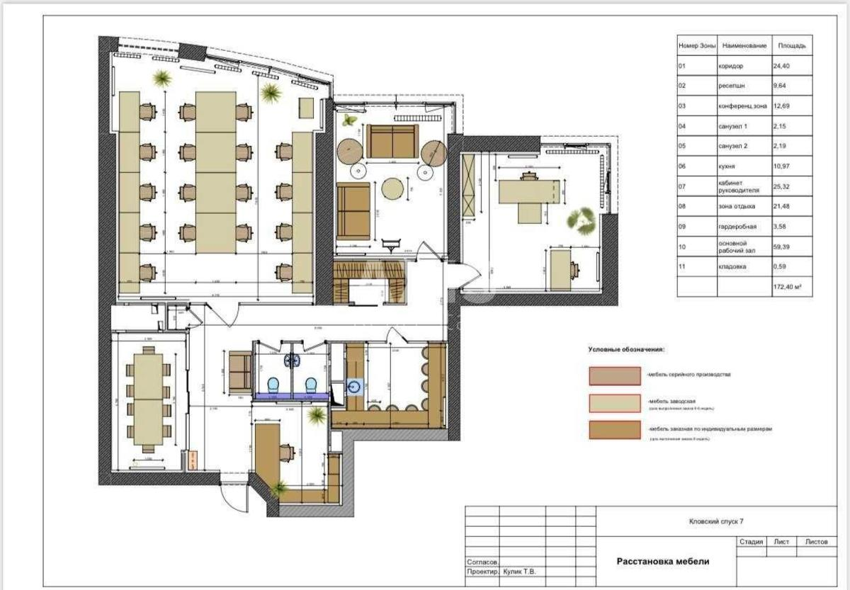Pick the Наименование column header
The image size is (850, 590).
pos(744,46)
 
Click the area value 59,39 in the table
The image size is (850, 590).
pos(781,247)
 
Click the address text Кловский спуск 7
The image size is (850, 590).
pos(716,522)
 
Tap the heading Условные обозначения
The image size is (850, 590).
pos(626,350)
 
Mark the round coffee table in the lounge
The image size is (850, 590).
pos(393,188)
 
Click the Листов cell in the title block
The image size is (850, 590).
pos(816,543)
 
